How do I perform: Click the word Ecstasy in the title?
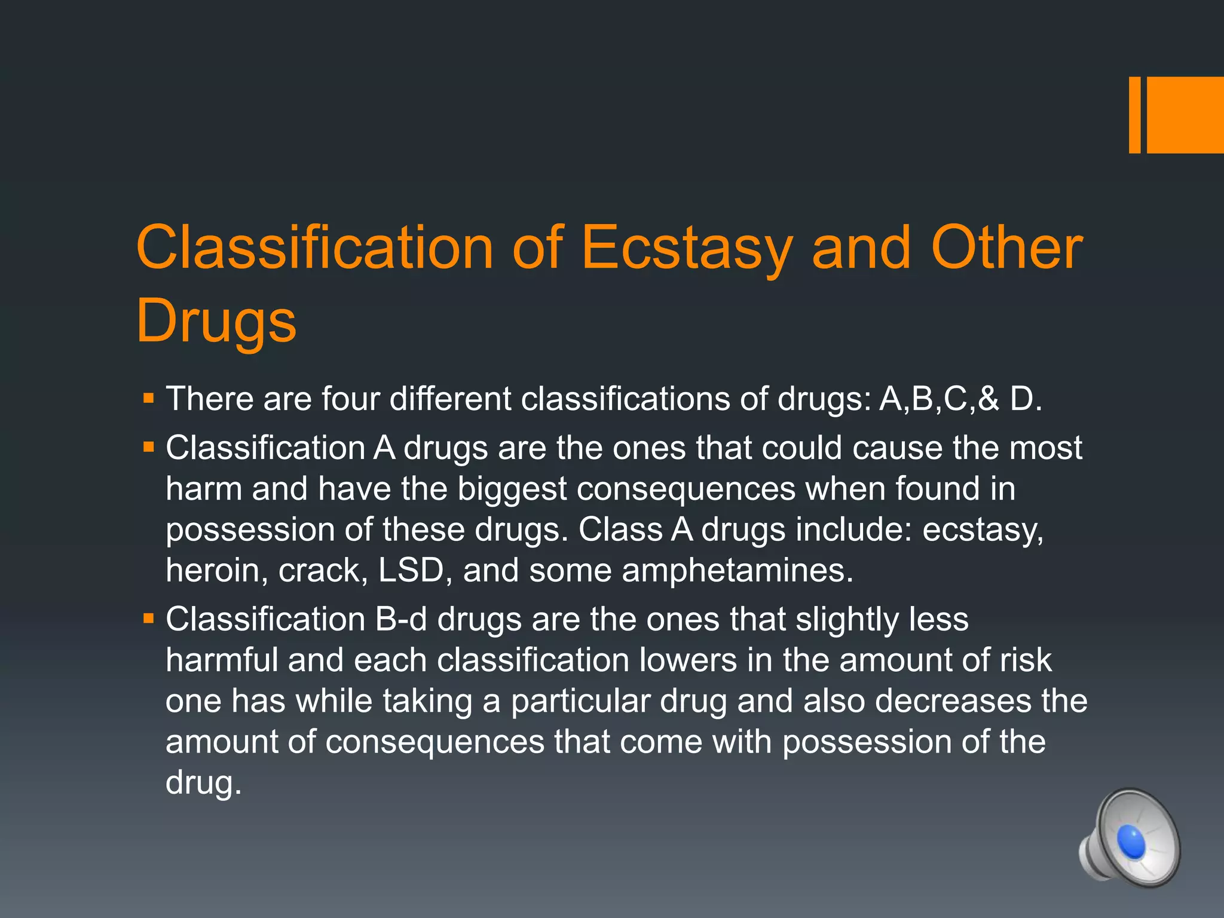tap(687, 248)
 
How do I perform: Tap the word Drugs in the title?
tap(216, 322)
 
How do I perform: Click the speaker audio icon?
tap(1130, 837)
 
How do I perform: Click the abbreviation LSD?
tap(412, 570)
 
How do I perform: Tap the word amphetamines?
tap(738, 570)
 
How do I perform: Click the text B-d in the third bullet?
tap(401, 619)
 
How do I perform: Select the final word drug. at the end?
tap(203, 782)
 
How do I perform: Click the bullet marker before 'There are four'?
tap(149, 397)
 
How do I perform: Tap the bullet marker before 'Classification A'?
tap(149, 446)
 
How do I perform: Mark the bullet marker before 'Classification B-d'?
tap(149, 618)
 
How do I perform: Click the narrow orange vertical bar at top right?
tap(1134, 115)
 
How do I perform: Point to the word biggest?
tap(512, 489)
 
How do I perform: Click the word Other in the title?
tap(1006, 248)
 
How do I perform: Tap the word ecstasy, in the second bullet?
tap(983, 530)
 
